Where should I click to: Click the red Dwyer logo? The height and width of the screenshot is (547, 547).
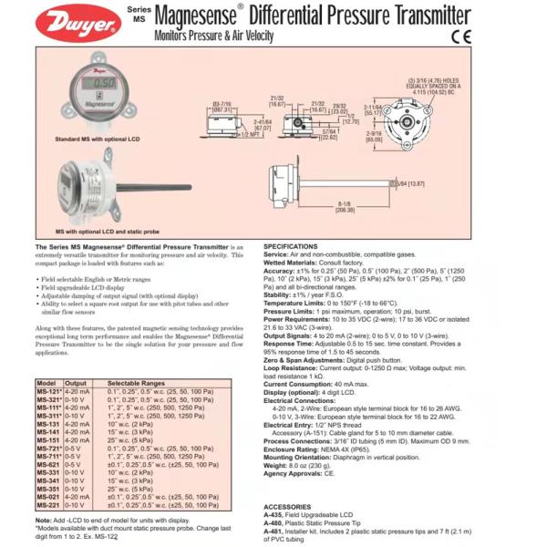(80, 24)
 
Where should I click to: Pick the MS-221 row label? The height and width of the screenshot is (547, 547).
(48, 503)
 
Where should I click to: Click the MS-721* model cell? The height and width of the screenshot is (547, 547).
(49, 450)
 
